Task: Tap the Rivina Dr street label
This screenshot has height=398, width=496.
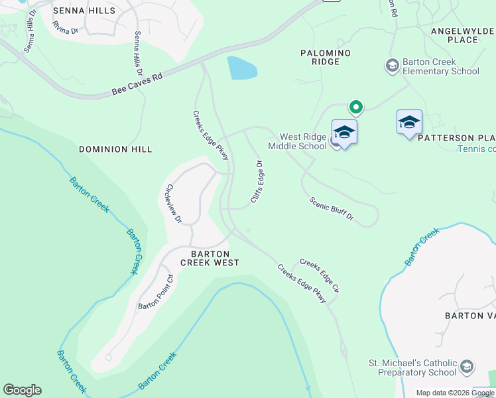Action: tap(65, 29)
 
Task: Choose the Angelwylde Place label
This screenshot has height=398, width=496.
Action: tap(463, 35)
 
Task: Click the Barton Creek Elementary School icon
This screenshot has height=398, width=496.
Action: tap(392, 65)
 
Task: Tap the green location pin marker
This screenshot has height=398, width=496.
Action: tap(356, 107)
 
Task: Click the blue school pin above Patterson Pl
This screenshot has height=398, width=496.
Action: tap(409, 122)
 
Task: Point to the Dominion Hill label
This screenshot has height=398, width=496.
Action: tap(115, 149)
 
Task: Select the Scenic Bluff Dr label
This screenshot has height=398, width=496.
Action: tap(332, 208)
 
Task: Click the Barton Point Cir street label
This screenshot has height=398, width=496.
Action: tap(155, 293)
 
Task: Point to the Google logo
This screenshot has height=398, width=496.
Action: tap(22, 390)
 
